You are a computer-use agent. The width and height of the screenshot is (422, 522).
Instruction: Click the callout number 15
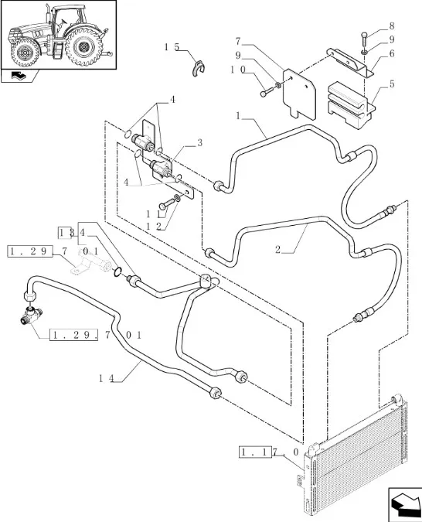(x=172, y=47)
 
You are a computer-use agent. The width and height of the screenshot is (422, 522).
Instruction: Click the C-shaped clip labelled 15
(x=199, y=68)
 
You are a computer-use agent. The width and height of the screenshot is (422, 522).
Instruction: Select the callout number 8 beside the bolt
(x=391, y=26)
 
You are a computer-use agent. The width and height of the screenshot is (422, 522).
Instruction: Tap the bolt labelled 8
(x=365, y=39)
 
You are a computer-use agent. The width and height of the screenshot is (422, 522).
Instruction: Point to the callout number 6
(x=391, y=53)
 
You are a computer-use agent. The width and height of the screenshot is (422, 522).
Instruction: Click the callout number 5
(x=392, y=84)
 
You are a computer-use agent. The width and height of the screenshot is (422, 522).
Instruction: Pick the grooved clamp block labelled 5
(x=350, y=105)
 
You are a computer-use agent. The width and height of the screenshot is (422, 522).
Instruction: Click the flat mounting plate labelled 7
(x=299, y=94)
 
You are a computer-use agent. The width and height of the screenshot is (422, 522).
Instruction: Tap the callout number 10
(x=238, y=70)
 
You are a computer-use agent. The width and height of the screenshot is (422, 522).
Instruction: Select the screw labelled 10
(x=268, y=91)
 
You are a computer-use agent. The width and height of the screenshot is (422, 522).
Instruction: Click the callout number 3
(x=199, y=142)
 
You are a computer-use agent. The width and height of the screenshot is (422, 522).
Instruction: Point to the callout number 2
(x=278, y=249)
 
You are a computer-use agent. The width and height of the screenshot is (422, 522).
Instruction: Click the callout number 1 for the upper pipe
(x=238, y=116)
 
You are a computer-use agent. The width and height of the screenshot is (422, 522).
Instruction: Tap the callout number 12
(x=154, y=227)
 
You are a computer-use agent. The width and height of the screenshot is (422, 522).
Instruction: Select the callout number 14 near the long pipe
(x=107, y=378)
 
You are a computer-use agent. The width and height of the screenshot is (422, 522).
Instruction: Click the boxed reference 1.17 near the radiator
(x=255, y=452)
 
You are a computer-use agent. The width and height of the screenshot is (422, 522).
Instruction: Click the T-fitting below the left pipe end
(x=31, y=316)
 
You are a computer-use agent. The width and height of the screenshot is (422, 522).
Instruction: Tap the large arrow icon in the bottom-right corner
(x=405, y=505)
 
